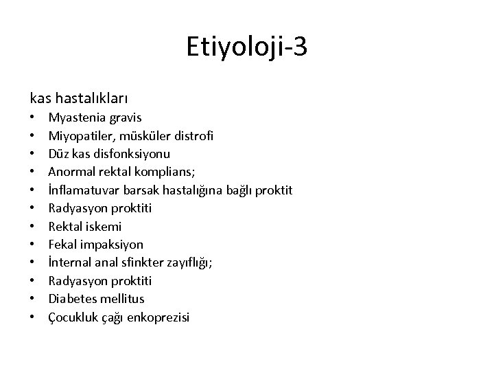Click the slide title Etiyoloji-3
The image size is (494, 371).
pyautogui.click(x=247, y=47)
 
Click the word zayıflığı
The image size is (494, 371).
pyautogui.click(x=189, y=262)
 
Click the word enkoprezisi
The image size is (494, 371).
pyautogui.click(x=156, y=317)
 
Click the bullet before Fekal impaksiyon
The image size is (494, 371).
pyautogui.click(x=33, y=245)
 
